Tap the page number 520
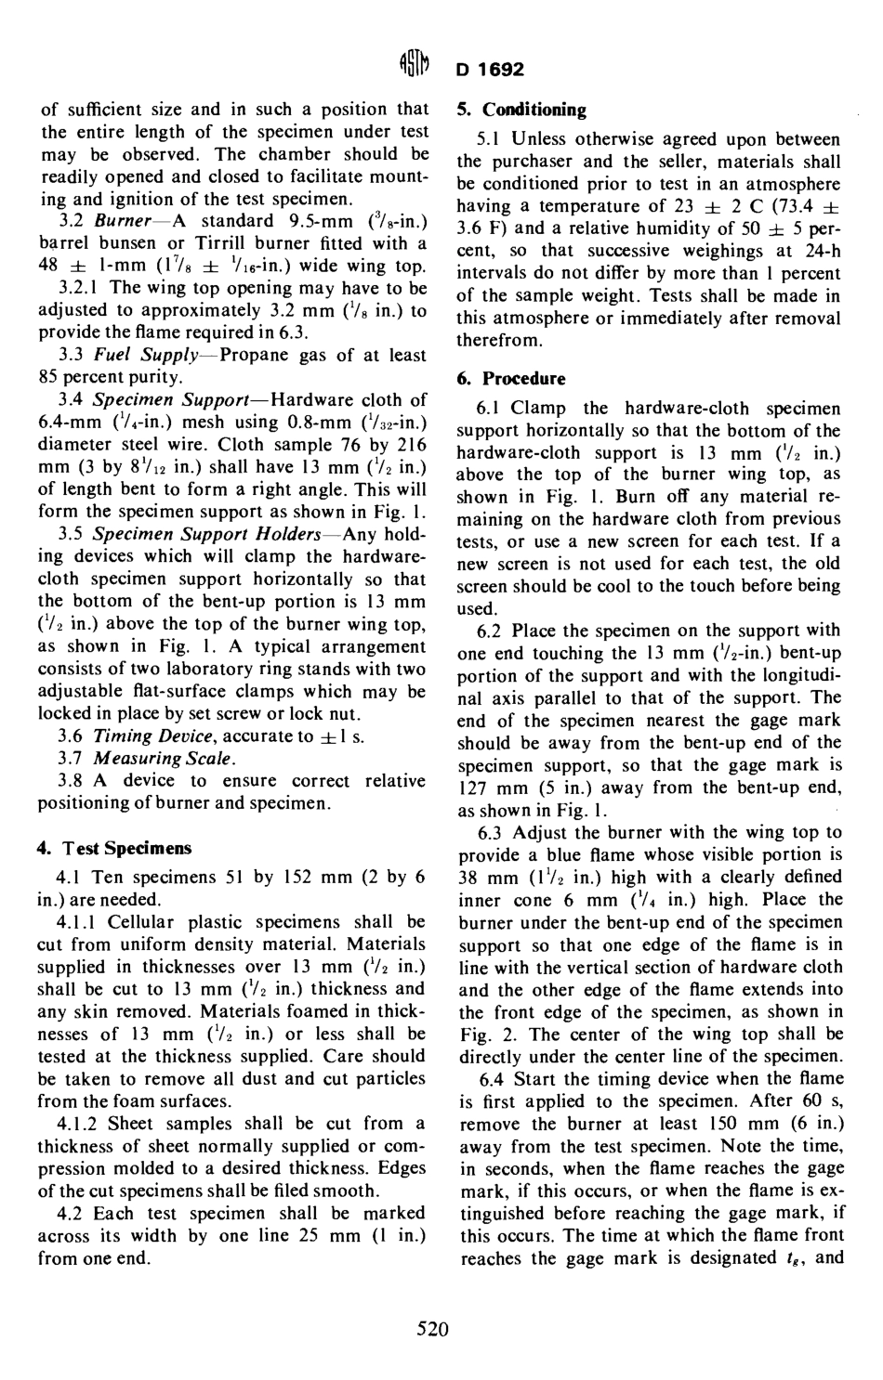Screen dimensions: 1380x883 coord(433,1330)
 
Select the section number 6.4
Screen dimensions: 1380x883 coord(491,1078)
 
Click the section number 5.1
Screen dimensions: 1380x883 coord(489,139)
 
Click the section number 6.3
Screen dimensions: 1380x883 coord(491,832)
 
